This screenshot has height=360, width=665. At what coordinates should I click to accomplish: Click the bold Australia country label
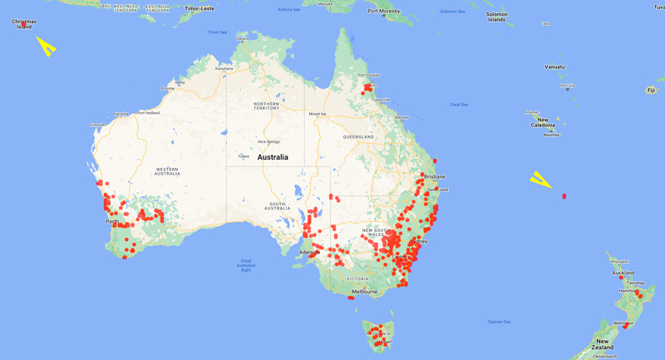(273, 157)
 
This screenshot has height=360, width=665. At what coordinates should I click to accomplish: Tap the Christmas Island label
(24, 24)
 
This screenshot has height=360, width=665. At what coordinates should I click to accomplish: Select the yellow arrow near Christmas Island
(47, 47)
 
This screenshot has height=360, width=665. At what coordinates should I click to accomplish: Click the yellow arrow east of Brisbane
(541, 180)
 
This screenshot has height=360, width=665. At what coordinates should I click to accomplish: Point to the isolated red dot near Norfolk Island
(564, 196)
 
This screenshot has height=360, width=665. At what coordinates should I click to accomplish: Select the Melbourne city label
(364, 292)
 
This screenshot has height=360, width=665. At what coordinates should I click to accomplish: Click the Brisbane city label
(434, 176)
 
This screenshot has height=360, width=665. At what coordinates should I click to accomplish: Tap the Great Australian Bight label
(245, 265)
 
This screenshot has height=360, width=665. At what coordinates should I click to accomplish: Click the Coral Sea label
(459, 104)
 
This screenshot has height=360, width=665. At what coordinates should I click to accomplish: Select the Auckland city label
(623, 273)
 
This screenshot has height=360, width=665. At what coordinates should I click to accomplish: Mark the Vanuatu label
(554, 67)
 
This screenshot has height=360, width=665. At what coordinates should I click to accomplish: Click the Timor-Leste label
(199, 7)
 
